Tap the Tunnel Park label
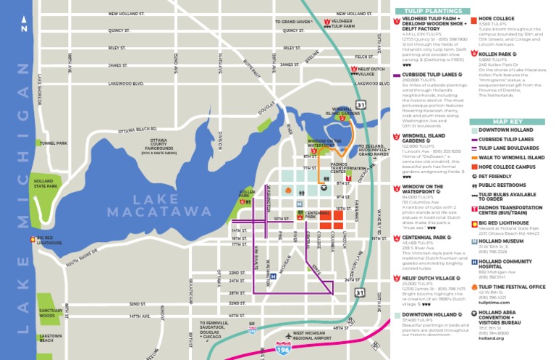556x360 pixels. pyautogui.click(x=53, y=143)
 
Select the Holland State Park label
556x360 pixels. pyautogui.click(x=43, y=184)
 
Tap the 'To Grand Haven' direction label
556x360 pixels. pyautogui.click(x=292, y=22)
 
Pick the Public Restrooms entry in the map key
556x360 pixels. pyautogui.click(x=502, y=185)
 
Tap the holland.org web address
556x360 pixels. pyautogui.click(x=489, y=338)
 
